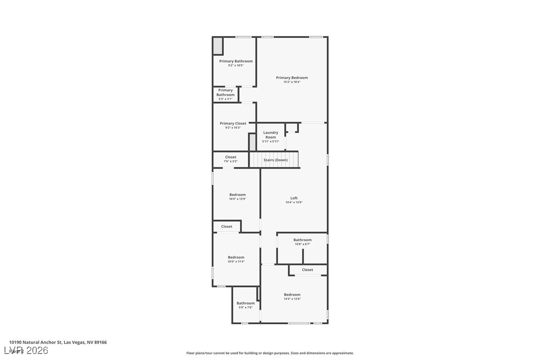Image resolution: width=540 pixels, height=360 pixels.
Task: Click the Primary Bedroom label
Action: point(292,78)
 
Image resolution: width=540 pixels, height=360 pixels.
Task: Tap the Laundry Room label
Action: point(270,135)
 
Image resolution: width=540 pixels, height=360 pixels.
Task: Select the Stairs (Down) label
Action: point(275,160)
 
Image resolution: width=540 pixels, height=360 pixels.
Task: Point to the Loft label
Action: point(294,198)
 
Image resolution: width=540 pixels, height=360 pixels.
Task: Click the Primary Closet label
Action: point(233,123)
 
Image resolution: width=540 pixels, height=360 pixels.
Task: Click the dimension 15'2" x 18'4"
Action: point(292,82)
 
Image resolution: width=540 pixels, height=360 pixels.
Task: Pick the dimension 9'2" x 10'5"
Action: point(236,65)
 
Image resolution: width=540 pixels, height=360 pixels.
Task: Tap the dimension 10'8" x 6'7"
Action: point(302,244)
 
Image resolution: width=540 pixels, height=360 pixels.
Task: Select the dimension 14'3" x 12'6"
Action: point(292,299)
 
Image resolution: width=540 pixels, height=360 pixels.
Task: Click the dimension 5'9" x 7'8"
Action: point(245,307)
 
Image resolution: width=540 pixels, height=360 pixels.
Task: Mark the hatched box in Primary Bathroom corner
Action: point(218,46)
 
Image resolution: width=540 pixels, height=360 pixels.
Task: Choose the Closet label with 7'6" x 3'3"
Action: point(231,157)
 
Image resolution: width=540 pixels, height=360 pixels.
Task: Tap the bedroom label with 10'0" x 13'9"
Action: point(237,194)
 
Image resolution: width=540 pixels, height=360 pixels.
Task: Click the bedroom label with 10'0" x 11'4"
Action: point(236,257)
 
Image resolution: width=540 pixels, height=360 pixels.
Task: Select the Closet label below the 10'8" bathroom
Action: point(307,270)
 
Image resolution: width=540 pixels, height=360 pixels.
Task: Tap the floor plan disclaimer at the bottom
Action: point(270,353)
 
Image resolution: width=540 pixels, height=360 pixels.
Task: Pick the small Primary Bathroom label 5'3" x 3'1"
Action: point(225,92)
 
